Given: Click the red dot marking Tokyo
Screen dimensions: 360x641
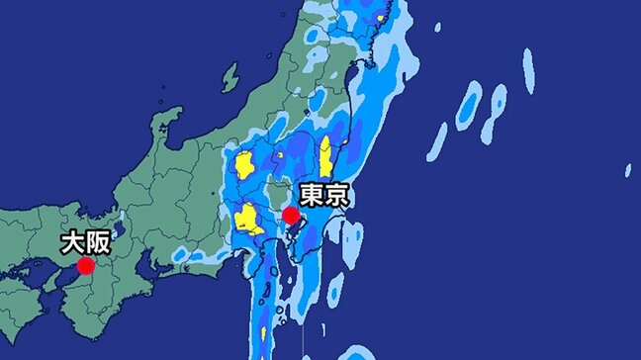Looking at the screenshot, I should click(291, 215).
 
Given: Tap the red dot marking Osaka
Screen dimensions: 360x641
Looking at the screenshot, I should click(86, 265).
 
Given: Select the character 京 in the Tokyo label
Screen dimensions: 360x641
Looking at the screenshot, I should click(337, 193).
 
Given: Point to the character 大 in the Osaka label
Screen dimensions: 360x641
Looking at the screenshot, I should click(73, 241).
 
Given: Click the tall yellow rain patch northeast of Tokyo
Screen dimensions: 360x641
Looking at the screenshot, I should click(325, 155).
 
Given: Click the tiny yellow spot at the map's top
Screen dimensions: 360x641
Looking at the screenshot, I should click(381, 17).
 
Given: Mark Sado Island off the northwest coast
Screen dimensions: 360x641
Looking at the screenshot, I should click(230, 76).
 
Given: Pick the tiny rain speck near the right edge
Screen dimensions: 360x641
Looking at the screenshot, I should click(627, 170).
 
